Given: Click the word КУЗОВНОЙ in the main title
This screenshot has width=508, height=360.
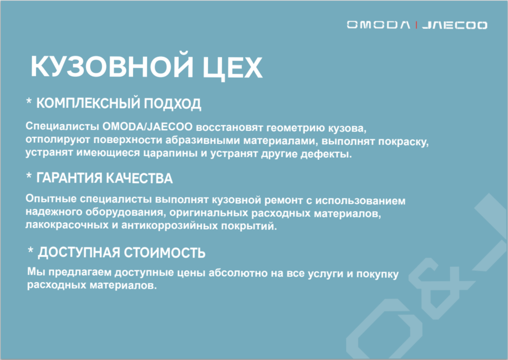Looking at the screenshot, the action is pos(112,66).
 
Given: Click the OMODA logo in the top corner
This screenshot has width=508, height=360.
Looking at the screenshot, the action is pos(378,25).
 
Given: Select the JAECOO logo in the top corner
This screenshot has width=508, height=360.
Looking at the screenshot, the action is pos(455,25).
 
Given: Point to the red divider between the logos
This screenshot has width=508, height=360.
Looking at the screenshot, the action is pos(416,25).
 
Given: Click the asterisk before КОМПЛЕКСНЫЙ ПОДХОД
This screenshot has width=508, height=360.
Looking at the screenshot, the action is pos(29,102).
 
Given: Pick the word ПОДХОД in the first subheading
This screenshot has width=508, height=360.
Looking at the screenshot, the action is pos(172,104).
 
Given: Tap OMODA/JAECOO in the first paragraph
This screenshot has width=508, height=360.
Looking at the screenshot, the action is pos(147,126).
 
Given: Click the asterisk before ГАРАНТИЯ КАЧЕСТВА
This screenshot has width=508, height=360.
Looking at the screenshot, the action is pos(29,176).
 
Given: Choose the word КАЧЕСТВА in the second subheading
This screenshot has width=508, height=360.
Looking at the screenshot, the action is pos(140,178).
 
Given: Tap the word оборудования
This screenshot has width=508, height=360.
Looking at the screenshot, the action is pos(125,212).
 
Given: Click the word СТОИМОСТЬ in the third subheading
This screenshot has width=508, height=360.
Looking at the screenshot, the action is pos(164,253).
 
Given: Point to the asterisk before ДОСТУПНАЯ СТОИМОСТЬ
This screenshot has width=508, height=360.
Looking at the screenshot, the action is pos(30,251).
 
